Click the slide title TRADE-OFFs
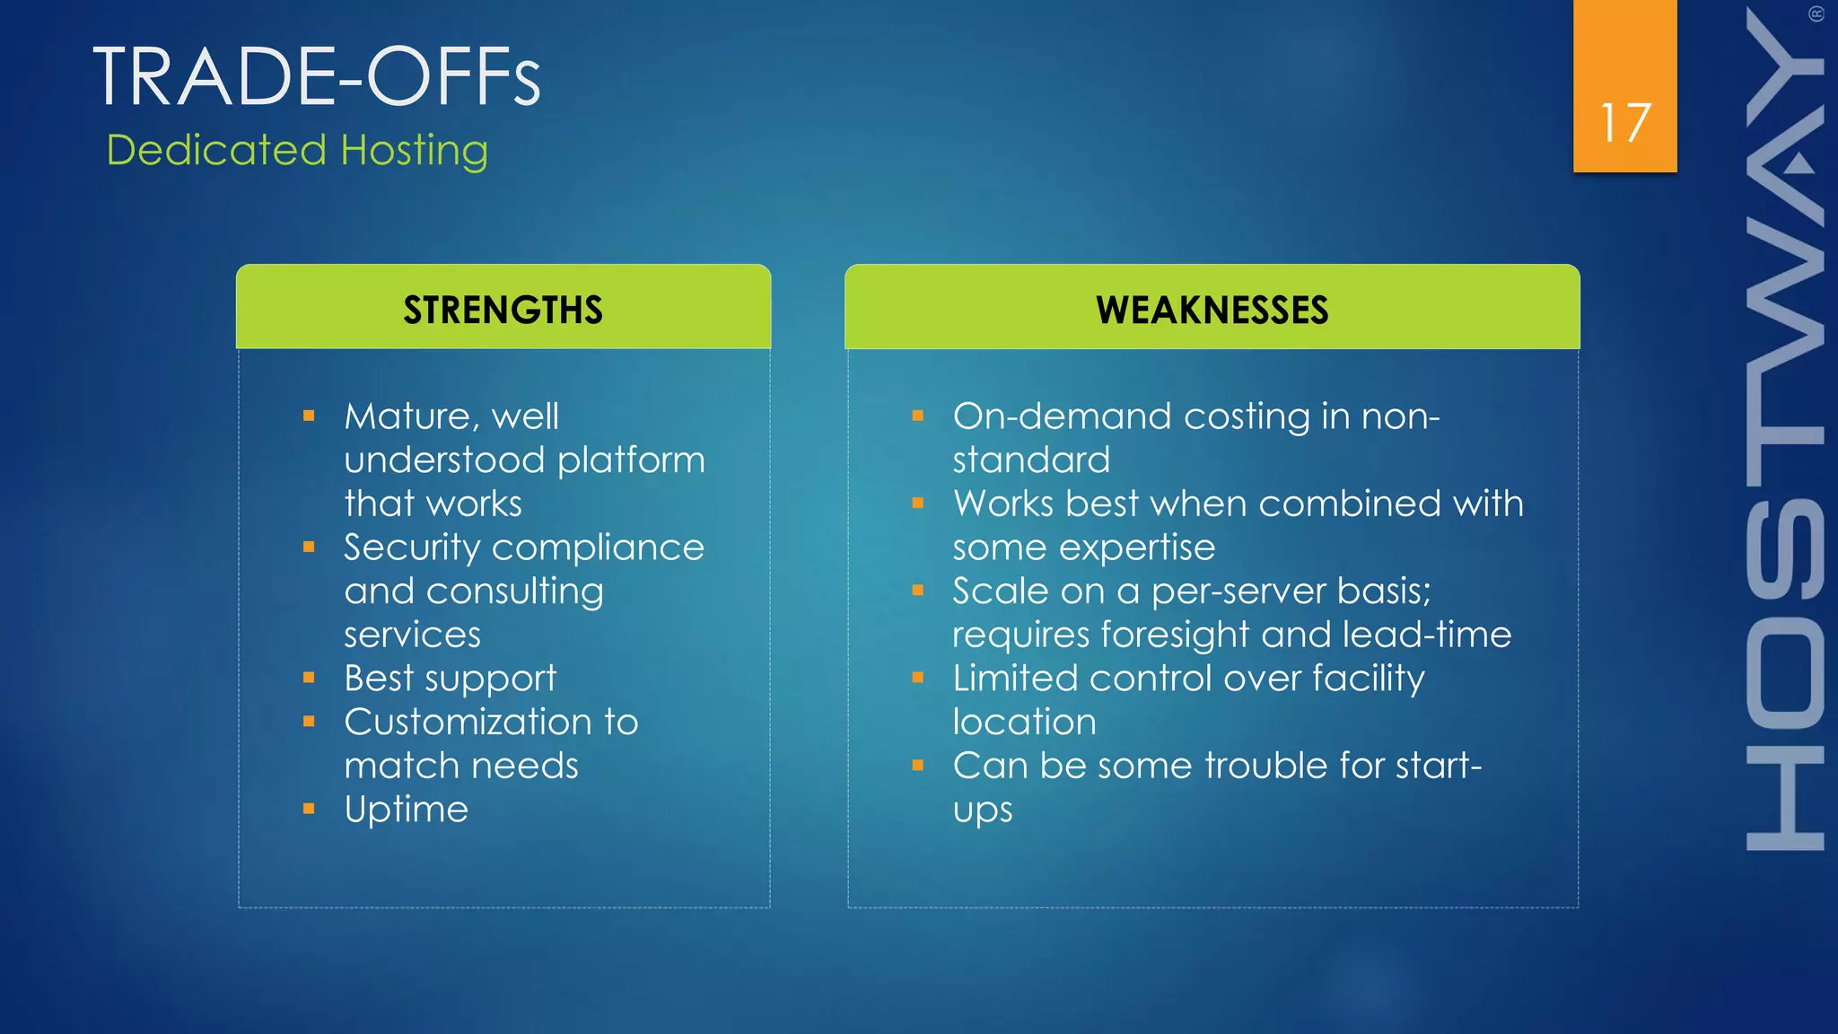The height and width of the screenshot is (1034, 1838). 317,77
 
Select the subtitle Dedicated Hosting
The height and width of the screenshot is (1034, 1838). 297,150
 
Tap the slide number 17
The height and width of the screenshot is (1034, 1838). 1624,123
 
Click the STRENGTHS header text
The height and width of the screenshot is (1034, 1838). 503,311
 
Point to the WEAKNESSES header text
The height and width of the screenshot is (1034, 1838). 1212,311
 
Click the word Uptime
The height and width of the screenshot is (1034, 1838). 406,810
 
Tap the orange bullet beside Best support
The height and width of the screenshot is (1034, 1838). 309,679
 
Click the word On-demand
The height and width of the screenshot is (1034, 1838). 1062,416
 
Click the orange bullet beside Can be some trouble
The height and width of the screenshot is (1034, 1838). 917,766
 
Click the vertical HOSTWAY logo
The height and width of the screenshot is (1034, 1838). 1784,431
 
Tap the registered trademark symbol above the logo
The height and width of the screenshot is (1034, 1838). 1816,14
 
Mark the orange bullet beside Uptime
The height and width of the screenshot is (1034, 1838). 309,810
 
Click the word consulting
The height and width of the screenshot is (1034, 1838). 514,591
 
